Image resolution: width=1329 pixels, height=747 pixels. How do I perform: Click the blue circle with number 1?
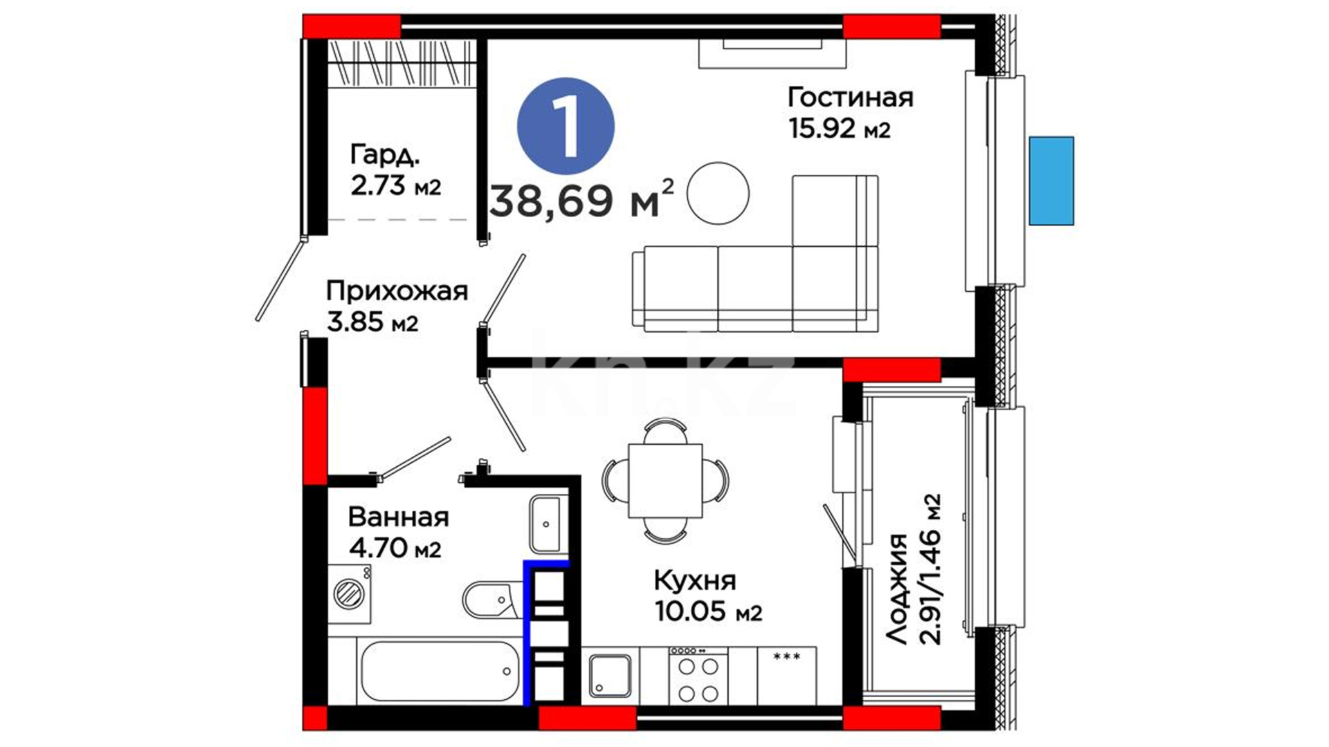[x=566, y=126]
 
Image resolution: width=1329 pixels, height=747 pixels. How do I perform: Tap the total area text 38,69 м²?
[x=581, y=199]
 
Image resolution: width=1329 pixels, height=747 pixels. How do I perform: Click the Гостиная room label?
[x=850, y=98]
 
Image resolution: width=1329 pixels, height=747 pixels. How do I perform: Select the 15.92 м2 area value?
[x=839, y=129]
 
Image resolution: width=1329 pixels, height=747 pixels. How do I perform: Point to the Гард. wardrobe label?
[x=385, y=155]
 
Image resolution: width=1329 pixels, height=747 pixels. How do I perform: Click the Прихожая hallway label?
[x=397, y=291]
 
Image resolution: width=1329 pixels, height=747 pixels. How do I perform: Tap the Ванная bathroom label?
[x=399, y=517]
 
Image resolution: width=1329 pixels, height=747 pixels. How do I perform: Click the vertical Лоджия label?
[x=897, y=589]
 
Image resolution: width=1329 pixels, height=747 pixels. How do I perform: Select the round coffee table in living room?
[x=718, y=194]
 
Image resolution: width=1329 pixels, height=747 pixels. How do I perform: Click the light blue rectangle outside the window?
[x=1051, y=181]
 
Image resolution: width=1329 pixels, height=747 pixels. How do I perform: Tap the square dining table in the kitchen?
[x=665, y=481]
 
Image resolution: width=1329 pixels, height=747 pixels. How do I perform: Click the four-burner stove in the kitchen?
[x=698, y=676]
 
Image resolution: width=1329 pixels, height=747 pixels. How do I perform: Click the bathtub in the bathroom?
[x=440, y=671]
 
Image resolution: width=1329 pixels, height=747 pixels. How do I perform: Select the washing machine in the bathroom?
[x=349, y=593]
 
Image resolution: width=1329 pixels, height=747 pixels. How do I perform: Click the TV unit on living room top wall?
[x=772, y=53]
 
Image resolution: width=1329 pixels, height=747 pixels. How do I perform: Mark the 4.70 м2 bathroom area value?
[x=395, y=548]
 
